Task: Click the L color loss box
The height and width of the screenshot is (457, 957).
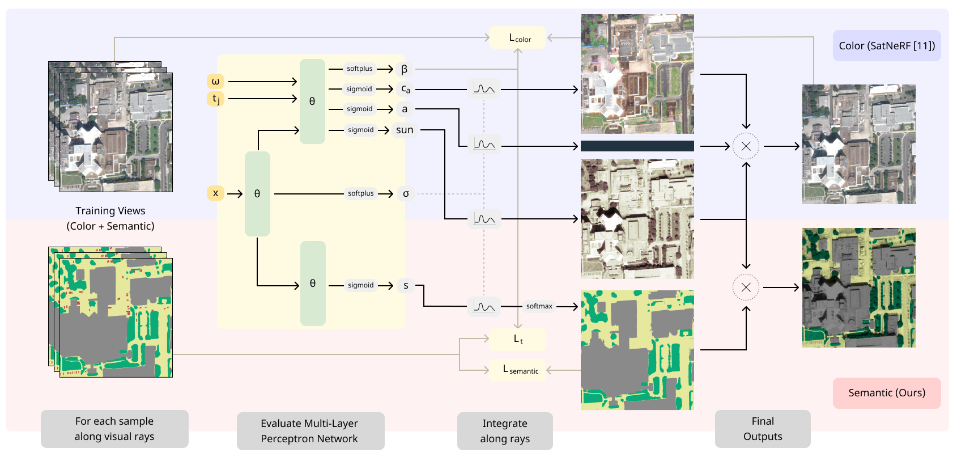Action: tap(518, 37)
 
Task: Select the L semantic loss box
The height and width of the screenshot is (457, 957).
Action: tap(518, 370)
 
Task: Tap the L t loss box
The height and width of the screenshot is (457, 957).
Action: tap(518, 340)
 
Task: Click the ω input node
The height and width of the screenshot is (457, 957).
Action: tap(215, 81)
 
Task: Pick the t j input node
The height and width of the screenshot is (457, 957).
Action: tap(215, 99)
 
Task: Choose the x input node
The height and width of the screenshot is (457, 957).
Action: tap(215, 193)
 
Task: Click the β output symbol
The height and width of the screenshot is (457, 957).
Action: tap(404, 69)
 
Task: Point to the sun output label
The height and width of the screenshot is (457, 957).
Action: tap(405, 130)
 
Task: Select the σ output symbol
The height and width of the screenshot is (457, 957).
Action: tap(406, 193)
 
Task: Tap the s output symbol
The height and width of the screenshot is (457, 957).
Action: tap(406, 285)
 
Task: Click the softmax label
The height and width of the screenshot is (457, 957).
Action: tap(539, 306)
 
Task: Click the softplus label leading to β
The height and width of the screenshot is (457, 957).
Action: tap(360, 69)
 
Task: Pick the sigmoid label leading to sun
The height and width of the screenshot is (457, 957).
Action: tap(360, 130)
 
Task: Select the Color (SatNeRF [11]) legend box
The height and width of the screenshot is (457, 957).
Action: tap(886, 46)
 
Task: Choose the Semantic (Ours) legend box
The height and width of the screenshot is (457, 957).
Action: tap(886, 393)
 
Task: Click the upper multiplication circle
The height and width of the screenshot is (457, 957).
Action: tap(746, 146)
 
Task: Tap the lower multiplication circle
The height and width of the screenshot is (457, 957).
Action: tap(746, 287)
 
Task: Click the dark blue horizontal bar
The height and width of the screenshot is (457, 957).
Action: tap(637, 146)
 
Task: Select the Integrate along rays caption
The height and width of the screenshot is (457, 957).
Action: tap(505, 431)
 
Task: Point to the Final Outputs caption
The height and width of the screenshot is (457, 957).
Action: tap(762, 429)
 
